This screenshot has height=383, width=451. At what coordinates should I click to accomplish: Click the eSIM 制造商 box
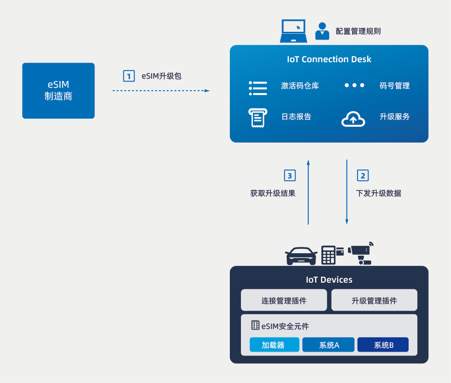(58, 91)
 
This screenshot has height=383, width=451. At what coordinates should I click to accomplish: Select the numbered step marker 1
(129, 76)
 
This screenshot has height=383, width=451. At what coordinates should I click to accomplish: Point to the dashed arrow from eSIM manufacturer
(161, 91)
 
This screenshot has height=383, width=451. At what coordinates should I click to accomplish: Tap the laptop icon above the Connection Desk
(293, 31)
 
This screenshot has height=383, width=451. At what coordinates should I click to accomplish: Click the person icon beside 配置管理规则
(322, 31)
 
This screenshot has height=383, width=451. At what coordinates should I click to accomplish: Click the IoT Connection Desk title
(329, 59)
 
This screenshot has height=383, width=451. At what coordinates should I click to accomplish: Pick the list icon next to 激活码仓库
(258, 87)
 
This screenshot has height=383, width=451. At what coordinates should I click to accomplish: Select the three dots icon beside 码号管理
(355, 85)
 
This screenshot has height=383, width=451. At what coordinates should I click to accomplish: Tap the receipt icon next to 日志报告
(257, 117)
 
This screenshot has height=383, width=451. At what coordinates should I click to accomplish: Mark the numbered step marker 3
(290, 175)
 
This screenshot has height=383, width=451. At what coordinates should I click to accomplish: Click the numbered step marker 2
(363, 175)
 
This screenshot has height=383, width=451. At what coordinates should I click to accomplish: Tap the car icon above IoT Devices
(301, 256)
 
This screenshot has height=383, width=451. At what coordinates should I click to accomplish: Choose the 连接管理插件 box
(284, 300)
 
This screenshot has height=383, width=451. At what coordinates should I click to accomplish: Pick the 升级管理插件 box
(374, 300)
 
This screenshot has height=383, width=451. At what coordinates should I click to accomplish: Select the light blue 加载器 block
(274, 345)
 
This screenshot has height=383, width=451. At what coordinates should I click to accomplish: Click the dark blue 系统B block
(383, 345)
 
